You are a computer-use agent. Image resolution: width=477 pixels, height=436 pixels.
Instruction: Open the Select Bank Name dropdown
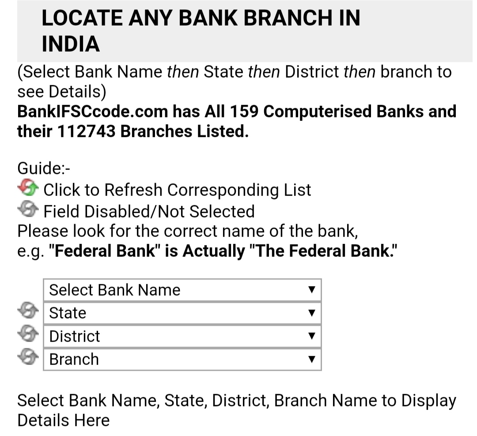(x=182, y=290)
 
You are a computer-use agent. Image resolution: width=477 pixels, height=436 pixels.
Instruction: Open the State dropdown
(x=182, y=313)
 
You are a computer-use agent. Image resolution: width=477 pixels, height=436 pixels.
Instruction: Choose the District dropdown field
(x=182, y=336)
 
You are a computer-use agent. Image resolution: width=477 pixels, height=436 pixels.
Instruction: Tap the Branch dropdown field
(x=182, y=359)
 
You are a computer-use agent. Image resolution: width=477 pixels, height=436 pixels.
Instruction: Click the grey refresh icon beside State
(x=28, y=310)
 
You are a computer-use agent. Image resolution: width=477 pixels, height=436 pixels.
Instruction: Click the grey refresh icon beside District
(x=28, y=333)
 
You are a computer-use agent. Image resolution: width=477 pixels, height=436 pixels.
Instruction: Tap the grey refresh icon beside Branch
(x=28, y=356)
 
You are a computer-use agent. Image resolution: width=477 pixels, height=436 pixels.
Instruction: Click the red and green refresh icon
(x=28, y=187)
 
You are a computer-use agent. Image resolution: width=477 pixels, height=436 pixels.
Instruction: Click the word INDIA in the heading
(x=71, y=44)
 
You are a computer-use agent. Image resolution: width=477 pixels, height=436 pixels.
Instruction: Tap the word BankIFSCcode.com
(x=92, y=112)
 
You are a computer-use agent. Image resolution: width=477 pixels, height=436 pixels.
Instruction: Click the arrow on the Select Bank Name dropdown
(x=311, y=289)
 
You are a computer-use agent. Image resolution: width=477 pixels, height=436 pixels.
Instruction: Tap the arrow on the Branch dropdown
(x=311, y=359)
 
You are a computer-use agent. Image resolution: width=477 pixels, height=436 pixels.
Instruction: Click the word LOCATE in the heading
(x=82, y=18)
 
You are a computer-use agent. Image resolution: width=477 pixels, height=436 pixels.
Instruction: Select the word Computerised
(x=317, y=112)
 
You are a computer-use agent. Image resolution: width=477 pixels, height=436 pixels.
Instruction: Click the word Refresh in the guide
(x=133, y=190)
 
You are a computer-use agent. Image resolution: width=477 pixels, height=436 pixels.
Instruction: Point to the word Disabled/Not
(x=134, y=212)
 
